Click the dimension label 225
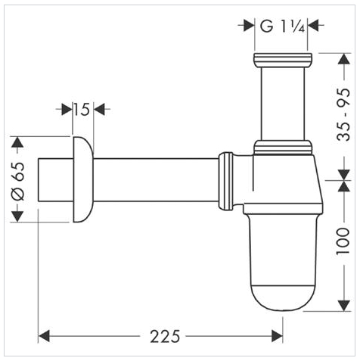165,336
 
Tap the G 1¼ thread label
282,26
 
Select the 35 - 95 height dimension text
344,114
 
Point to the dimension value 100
343,241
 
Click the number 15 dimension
82,110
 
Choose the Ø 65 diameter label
18,182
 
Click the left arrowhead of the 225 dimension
44,336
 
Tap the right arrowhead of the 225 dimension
277,336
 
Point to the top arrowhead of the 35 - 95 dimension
344,59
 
